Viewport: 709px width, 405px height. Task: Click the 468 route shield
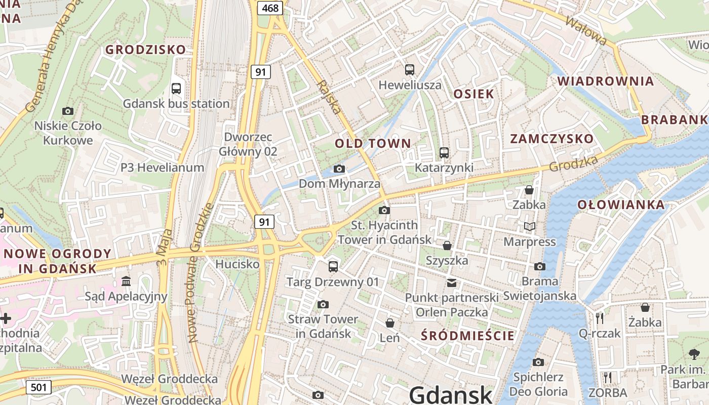pos(271,8)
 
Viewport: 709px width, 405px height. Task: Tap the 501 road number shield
pos(38,388)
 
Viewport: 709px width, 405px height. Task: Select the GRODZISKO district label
pos(145,50)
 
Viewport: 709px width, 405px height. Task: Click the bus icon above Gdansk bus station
pos(176,89)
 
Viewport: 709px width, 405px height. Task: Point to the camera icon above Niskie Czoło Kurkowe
pos(67,111)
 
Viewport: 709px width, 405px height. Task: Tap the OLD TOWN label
pos(373,143)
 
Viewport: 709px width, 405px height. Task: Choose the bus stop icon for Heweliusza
pos(410,70)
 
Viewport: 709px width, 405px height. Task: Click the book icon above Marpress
pos(530,227)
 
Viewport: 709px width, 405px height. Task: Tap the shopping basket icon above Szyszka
pos(447,246)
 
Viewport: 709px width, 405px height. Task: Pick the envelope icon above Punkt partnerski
pos(451,283)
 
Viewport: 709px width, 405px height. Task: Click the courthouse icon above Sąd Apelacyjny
pos(126,281)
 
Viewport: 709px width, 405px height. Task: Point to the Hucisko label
pos(238,264)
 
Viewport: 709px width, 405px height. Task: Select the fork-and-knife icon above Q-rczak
pos(600,318)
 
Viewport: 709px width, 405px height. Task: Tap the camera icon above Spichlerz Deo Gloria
pos(538,362)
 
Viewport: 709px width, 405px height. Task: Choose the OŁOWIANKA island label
pos(621,205)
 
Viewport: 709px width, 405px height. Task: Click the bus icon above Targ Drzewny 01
pos(333,266)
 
